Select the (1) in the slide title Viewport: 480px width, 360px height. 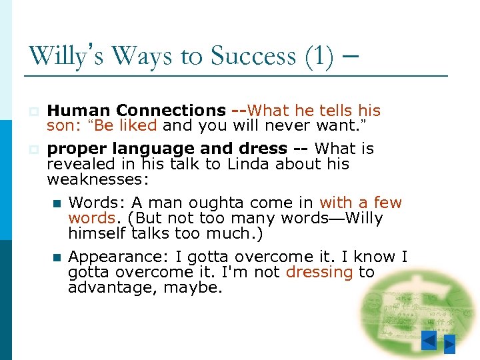coord(319,55)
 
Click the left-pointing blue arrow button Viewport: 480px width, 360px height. coord(430,342)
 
